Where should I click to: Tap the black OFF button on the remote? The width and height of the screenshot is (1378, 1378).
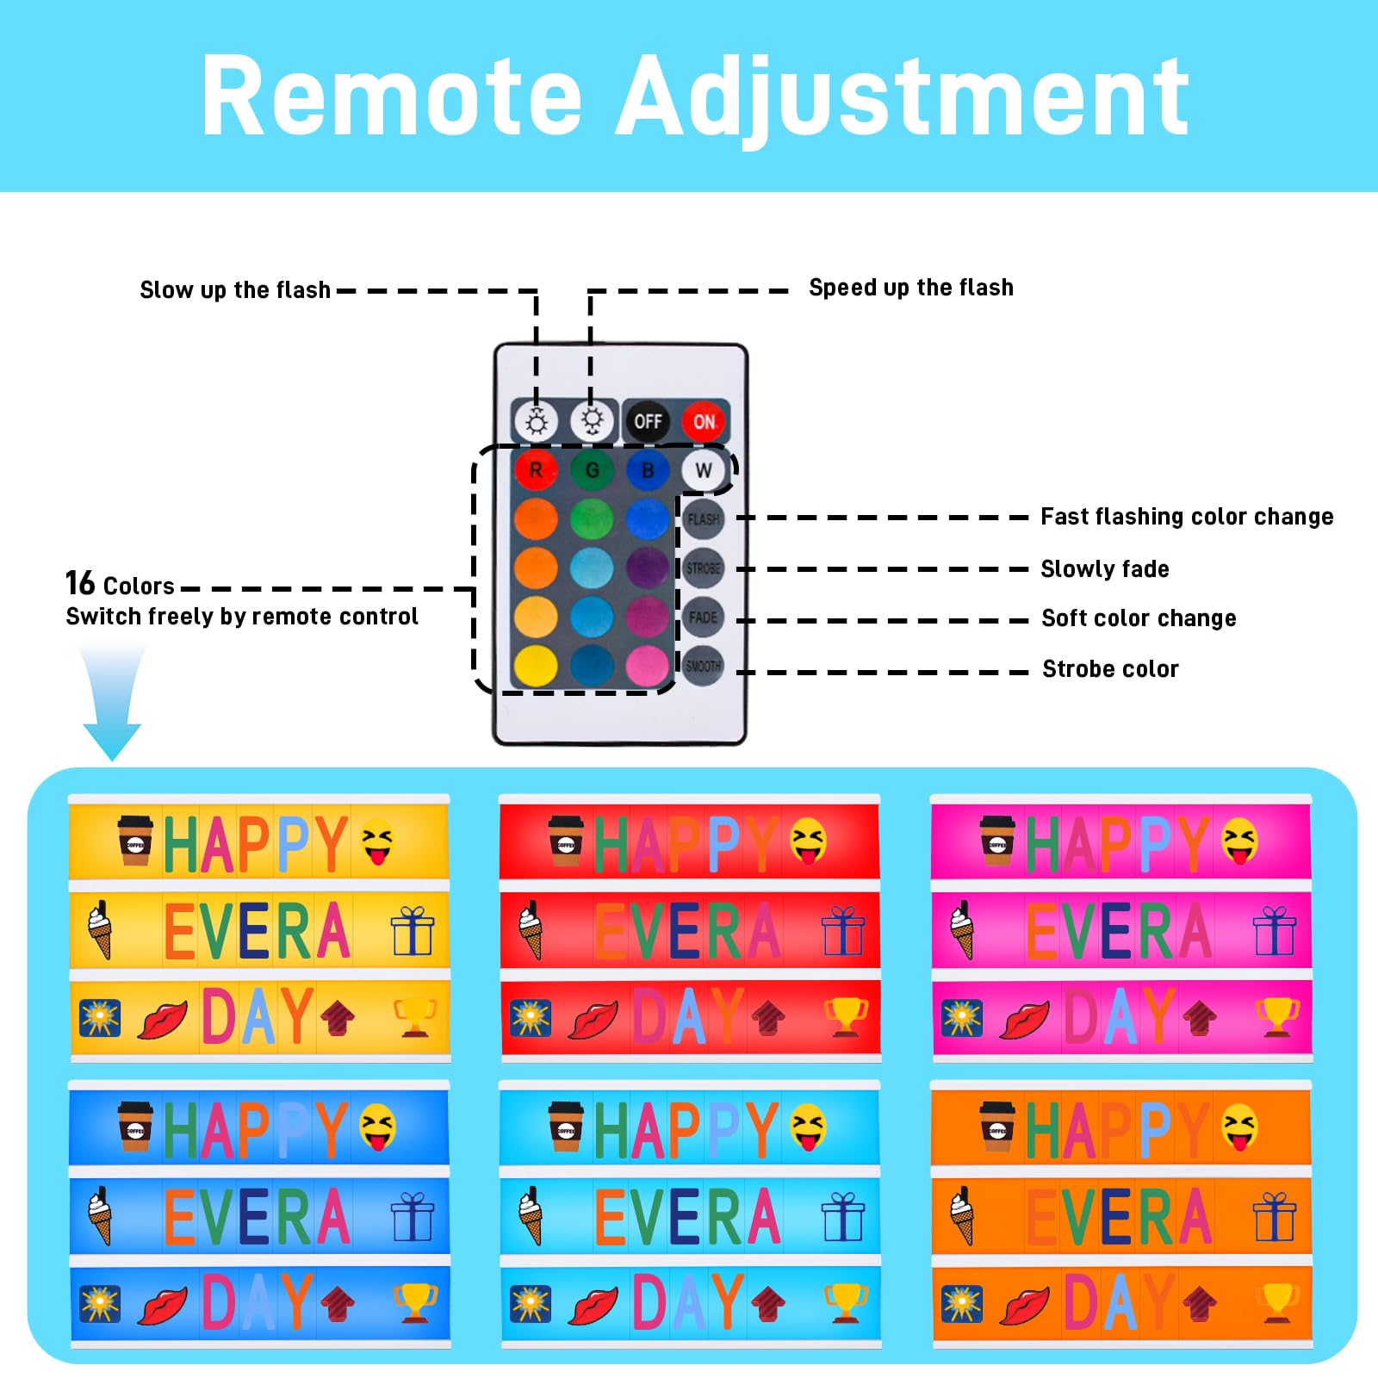click(x=648, y=421)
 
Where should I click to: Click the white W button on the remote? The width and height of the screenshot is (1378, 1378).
click(x=704, y=470)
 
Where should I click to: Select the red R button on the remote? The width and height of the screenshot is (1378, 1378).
click(x=536, y=470)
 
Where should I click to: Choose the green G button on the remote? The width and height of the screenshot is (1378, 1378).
click(x=592, y=470)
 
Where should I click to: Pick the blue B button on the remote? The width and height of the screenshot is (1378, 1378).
click(x=648, y=470)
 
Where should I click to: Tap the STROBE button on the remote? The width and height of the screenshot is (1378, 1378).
click(x=703, y=568)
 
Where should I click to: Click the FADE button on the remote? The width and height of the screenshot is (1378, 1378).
click(x=703, y=618)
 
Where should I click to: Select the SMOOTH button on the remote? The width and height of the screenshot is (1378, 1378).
click(x=703, y=666)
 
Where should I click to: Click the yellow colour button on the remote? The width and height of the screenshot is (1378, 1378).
click(x=536, y=666)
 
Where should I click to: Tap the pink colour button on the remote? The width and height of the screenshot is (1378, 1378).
click(x=648, y=666)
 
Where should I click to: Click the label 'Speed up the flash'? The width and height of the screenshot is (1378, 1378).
click(x=910, y=288)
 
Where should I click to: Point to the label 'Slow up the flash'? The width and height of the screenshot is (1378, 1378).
click(x=235, y=290)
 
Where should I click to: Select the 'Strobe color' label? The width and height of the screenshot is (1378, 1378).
click(x=1110, y=669)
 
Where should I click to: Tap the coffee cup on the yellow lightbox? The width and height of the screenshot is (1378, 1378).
click(x=135, y=840)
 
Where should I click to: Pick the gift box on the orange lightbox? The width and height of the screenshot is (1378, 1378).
click(x=1274, y=1216)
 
